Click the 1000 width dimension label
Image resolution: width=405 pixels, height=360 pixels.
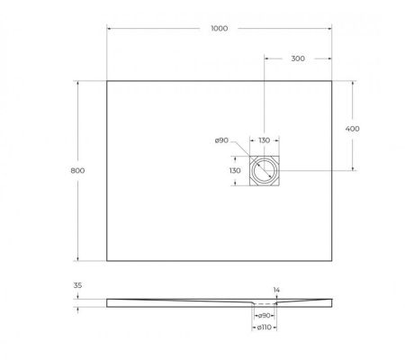pos(220,28)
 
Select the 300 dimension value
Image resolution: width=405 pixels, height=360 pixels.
pos(297,58)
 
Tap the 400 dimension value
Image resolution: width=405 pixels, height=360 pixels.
pos(353,129)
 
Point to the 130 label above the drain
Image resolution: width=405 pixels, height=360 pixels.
pos(264,140)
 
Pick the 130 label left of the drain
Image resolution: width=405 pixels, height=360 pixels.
pos(234,170)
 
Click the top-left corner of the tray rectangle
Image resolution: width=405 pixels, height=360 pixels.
pos(107,81)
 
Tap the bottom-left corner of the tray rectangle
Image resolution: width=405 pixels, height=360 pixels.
pos(107,260)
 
